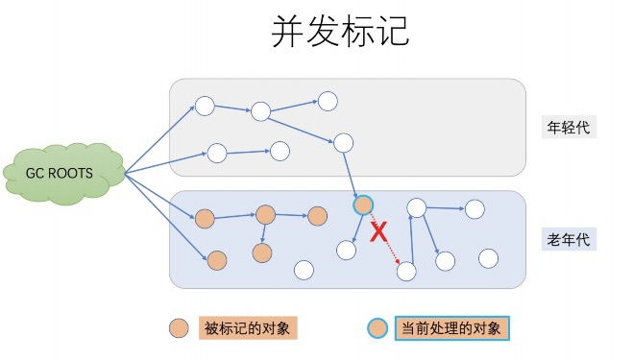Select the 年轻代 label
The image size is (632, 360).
pyautogui.click(x=565, y=128)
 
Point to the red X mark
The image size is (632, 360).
pyautogui.click(x=379, y=230)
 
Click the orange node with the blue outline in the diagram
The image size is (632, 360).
pyautogui.click(x=363, y=204)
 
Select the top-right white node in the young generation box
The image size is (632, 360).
pyautogui.click(x=328, y=101)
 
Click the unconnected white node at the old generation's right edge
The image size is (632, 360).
pyautogui.click(x=488, y=258)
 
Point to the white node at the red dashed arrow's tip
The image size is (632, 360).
pyautogui.click(x=406, y=272)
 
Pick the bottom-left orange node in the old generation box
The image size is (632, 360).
pyautogui.click(x=217, y=259)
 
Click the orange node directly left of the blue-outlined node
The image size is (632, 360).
pyautogui.click(x=318, y=216)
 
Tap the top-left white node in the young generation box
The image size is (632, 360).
pyautogui.click(x=205, y=106)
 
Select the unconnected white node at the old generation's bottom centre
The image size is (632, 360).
pyautogui.click(x=304, y=270)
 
